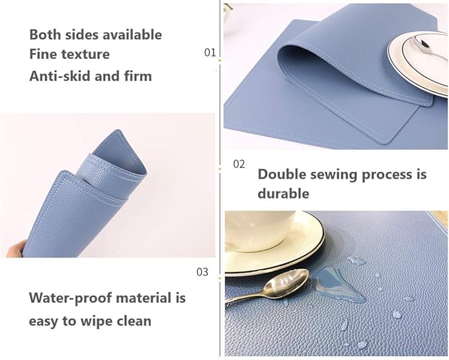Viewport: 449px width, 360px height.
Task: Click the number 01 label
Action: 210,52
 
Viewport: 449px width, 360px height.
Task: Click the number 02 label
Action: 239,163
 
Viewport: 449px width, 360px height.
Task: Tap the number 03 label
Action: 202,271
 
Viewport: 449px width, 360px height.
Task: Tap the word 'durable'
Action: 283,194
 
